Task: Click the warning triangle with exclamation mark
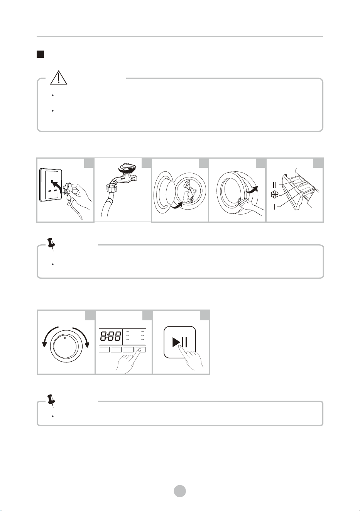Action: (59, 78)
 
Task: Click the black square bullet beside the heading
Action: (41, 54)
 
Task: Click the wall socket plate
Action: (51, 186)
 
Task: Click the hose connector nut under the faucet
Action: (112, 189)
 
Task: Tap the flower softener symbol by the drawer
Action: (275, 195)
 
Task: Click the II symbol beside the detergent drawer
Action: (275, 184)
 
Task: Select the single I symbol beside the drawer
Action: (275, 207)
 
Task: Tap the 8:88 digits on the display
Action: (111, 336)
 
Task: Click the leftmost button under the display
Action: (104, 350)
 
